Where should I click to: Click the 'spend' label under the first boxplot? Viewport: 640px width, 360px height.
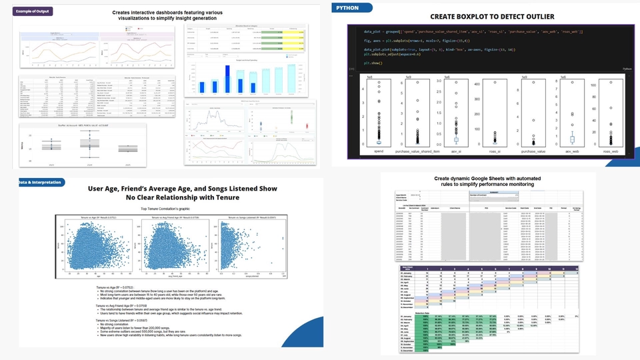[379, 152]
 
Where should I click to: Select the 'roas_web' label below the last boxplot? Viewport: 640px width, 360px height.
[610, 152]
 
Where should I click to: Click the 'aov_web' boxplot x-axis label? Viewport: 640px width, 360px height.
[571, 152]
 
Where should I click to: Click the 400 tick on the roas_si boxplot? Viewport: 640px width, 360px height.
[477, 85]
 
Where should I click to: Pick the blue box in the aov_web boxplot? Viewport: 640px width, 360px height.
[571, 139]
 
